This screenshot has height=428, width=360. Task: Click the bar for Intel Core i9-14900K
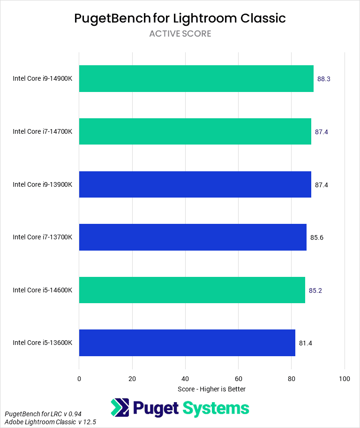[196, 79]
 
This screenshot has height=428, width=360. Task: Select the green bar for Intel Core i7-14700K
[195, 131]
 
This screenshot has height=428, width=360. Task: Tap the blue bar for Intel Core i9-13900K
[195, 184]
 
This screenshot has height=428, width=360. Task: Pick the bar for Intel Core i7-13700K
[193, 237]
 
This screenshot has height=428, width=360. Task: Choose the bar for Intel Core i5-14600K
[192, 290]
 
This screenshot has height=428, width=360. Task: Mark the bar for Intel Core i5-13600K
[187, 343]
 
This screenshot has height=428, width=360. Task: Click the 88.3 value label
[324, 79]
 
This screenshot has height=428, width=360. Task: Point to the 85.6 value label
[317, 237]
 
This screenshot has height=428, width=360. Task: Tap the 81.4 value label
[306, 343]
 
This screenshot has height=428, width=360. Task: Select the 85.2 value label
[315, 290]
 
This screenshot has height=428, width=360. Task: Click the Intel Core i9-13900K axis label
[43, 184]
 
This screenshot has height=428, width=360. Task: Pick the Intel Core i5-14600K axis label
[43, 290]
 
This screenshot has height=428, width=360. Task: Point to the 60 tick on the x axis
[238, 379]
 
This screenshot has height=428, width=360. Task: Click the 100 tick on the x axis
[345, 379]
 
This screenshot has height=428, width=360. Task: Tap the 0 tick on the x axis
[79, 379]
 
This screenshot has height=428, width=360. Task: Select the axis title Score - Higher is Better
[212, 389]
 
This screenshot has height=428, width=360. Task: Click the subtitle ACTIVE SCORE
[180, 34]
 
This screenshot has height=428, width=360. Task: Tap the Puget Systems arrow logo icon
[120, 408]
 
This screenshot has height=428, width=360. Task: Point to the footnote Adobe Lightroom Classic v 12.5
[50, 422]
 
